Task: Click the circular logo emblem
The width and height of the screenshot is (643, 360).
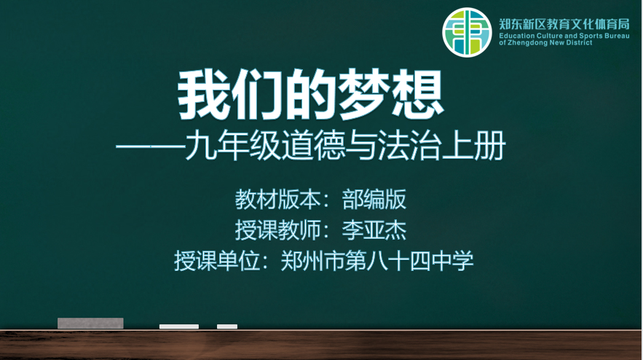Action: tap(467, 32)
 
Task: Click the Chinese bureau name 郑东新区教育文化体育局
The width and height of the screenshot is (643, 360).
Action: tap(564, 24)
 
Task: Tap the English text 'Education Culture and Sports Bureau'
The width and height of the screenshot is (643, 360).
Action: tap(564, 36)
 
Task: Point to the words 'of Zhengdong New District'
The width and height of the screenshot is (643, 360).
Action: tap(546, 42)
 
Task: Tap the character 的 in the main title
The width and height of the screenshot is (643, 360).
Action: tap(310, 95)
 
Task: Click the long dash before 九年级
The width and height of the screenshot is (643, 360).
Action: tap(151, 146)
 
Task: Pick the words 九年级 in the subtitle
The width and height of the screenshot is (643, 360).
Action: tap(233, 145)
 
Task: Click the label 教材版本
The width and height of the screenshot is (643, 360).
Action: tap(277, 200)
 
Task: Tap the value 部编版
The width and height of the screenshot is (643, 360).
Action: tap(374, 200)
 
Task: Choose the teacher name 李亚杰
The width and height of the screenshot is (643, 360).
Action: tap(374, 230)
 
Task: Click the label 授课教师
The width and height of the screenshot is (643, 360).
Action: tap(277, 230)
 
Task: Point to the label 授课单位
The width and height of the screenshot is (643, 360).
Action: tap(217, 261)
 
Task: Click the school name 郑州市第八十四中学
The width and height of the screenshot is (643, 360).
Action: tap(377, 261)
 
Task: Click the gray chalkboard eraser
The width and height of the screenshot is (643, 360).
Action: tap(90, 323)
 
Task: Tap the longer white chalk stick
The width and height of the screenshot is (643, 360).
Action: tap(179, 326)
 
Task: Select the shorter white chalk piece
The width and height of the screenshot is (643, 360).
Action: tap(227, 326)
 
